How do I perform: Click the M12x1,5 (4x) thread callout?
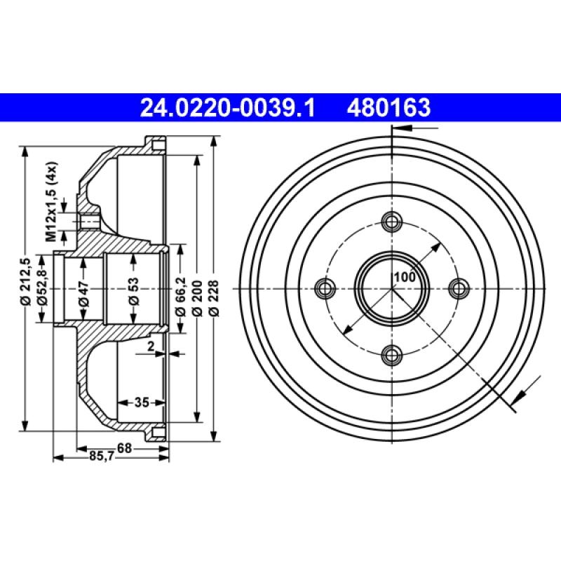coord(51,201)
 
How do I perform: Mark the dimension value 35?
coord(142,403)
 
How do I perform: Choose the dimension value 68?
coord(124,447)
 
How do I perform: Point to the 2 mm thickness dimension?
coord(150,346)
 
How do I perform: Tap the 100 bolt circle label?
coord(404,277)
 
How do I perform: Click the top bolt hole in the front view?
coord(391,222)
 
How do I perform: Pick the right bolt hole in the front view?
coord(458,288)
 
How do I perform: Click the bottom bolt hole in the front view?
coord(391,354)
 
